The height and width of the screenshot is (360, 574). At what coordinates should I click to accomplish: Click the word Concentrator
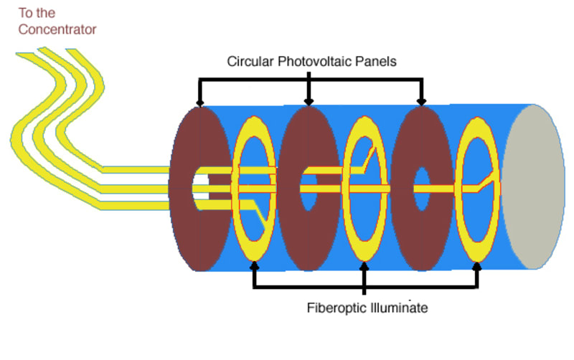57,29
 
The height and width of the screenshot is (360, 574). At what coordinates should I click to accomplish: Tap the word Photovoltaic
319,62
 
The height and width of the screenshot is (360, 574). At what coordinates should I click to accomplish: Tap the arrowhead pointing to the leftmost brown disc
199,103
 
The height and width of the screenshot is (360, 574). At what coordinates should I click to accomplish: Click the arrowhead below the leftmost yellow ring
254,267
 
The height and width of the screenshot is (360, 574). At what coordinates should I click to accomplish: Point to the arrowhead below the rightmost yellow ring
477,267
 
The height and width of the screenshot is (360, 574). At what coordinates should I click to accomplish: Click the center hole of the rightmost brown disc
421,188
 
